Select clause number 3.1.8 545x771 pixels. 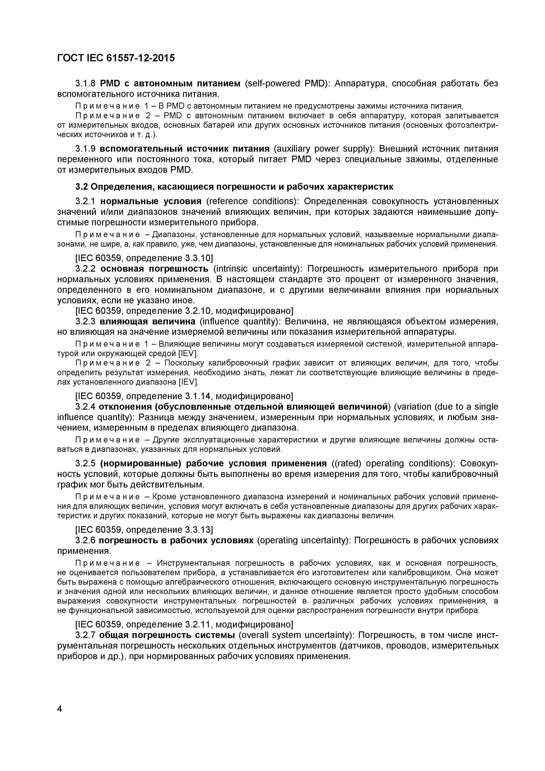pyautogui.click(x=86, y=83)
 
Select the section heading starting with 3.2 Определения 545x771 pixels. pyautogui.click(x=234, y=187)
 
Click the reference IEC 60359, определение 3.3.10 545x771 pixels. pyautogui.click(x=144, y=258)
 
